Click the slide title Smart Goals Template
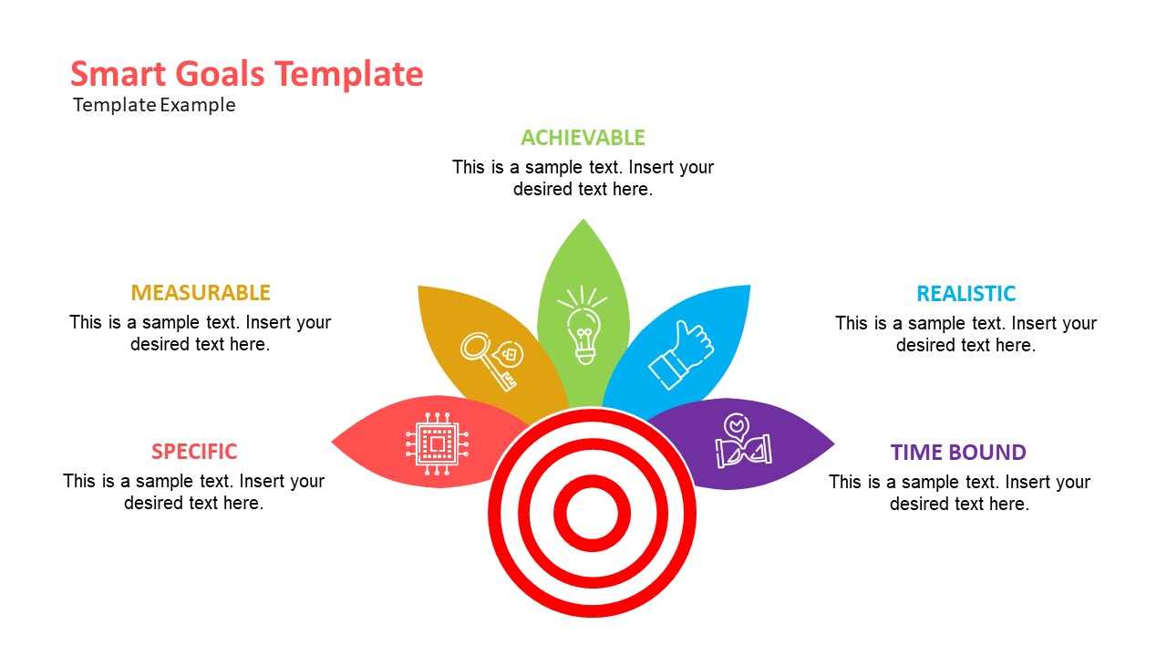(247, 74)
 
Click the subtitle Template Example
(154, 105)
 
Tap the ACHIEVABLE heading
(583, 138)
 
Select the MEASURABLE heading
(201, 293)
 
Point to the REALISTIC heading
(966, 294)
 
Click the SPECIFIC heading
(194, 452)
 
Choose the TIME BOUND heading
(958, 452)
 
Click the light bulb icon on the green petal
(583, 326)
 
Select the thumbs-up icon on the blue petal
(681, 356)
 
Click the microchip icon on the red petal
(437, 443)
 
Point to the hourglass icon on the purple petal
(743, 441)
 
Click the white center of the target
(592, 513)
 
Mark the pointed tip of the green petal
(583, 219)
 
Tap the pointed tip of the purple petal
(834, 444)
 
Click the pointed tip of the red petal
(333, 443)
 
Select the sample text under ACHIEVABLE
(583, 178)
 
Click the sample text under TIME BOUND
(960, 493)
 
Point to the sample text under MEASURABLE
(200, 333)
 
